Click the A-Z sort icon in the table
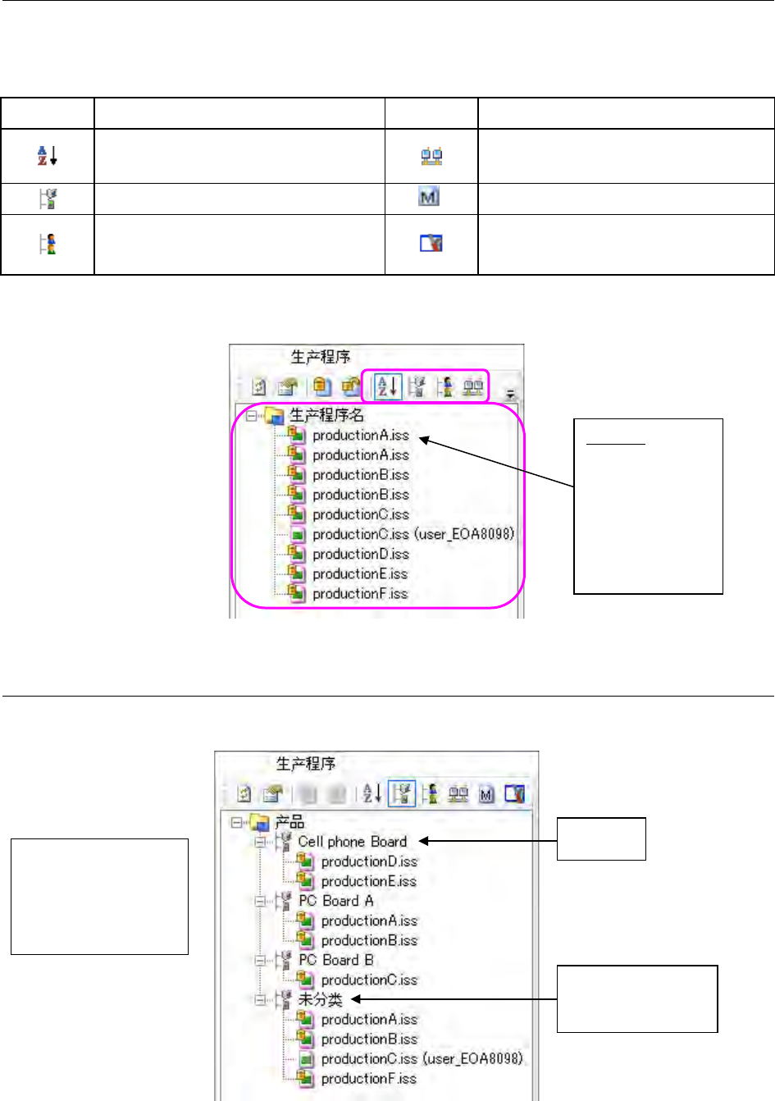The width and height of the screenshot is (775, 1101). pos(47,155)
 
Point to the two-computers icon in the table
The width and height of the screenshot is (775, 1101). pos(431,156)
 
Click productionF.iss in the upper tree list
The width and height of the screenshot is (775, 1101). pos(360,593)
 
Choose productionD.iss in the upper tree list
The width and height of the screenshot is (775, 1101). pos(360,554)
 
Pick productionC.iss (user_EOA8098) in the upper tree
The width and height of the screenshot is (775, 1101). pos(413,534)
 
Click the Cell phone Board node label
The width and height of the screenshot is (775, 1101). pos(353,841)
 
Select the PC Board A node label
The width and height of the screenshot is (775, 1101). pos(335,901)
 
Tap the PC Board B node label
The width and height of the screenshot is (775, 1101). pos(335,960)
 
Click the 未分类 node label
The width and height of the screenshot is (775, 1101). pos(320,999)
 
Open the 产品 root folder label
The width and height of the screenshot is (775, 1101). pos(289,821)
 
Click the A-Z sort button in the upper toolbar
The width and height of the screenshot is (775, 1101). pos(388,386)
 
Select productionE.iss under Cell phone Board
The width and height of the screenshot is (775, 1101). pos(368,881)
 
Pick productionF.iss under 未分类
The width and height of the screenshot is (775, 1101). pos(368,1078)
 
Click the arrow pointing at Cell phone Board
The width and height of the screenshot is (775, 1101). pos(488,841)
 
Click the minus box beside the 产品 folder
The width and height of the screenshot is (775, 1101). pos(238,821)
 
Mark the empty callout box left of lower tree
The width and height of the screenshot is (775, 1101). pos(99,896)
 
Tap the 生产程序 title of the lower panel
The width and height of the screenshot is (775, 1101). pos(305,764)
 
